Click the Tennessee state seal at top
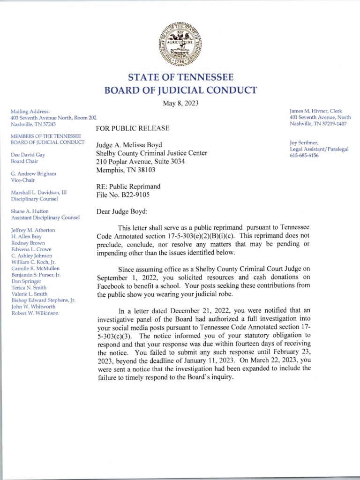click(x=180, y=45)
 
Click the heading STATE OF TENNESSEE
click(x=180, y=77)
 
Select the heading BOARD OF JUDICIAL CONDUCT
click(x=180, y=90)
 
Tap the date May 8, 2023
click(x=180, y=104)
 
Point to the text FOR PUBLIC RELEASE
click(x=133, y=128)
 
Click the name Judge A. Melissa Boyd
click(x=129, y=145)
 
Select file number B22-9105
click(x=123, y=195)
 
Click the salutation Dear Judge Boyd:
click(x=122, y=211)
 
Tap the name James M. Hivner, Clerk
click(x=316, y=111)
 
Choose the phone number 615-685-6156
click(x=304, y=155)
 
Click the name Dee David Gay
click(x=28, y=154)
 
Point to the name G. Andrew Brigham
click(x=33, y=173)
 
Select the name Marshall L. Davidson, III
click(x=39, y=193)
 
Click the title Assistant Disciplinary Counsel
click(x=45, y=217)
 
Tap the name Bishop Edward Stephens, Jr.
click(x=43, y=300)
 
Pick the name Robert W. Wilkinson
click(x=35, y=313)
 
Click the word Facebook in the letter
click(x=112, y=286)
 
